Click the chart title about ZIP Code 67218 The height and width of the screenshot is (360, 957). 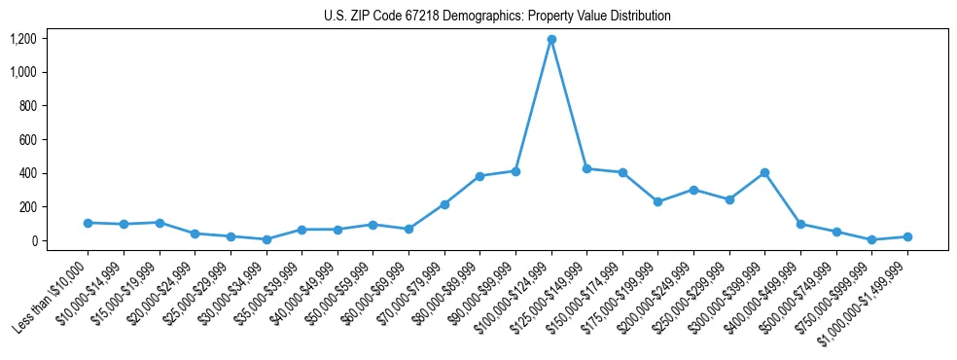(x=497, y=17)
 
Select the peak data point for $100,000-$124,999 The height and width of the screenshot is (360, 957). (x=551, y=40)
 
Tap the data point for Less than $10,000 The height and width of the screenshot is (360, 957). (x=88, y=223)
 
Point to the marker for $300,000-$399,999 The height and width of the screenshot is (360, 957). (x=765, y=173)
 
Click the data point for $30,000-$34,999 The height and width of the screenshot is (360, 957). (x=266, y=239)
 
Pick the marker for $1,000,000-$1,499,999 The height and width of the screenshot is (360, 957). (x=907, y=236)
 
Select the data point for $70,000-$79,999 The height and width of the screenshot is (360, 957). (x=444, y=204)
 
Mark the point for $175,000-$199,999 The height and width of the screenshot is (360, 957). (x=658, y=201)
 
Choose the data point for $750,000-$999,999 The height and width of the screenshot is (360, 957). (x=872, y=239)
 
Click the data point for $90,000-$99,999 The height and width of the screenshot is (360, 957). (x=515, y=171)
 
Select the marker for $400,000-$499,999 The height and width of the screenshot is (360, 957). (x=800, y=224)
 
